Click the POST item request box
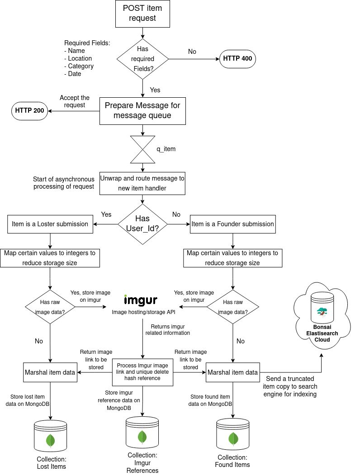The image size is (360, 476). [143, 13]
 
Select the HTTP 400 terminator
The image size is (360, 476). [237, 59]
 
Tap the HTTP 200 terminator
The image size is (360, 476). [30, 111]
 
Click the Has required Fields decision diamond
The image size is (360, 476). [143, 59]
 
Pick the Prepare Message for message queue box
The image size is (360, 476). [143, 111]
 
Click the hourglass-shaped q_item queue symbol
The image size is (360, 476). [143, 149]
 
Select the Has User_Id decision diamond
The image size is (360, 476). [143, 224]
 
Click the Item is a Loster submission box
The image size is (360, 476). [50, 224]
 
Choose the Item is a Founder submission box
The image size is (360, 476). [232, 224]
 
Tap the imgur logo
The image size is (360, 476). [141, 300]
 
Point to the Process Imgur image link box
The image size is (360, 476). [143, 372]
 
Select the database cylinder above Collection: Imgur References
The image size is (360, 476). [142, 433]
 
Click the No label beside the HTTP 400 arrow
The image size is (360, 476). [192, 52]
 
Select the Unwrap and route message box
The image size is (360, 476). [143, 183]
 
